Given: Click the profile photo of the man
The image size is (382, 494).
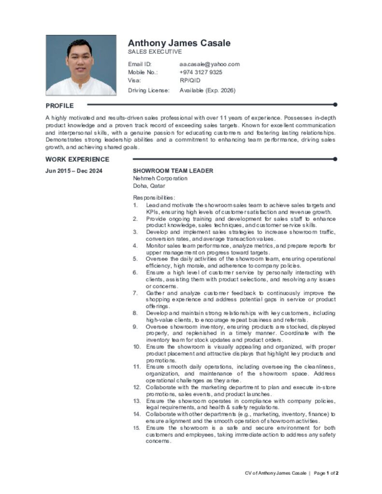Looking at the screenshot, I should pos(81,65).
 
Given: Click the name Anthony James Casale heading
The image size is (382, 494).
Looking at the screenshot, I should pos(179,43).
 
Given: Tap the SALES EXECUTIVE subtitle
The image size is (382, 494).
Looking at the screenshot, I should pos(155,52).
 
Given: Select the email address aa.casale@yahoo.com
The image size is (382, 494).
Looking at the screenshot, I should pos(209,64).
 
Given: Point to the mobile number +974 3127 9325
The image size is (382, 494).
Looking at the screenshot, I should pos(201,72).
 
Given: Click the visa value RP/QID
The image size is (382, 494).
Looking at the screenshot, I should pos(190,81).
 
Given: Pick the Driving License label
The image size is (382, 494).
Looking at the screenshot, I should pos(149,90).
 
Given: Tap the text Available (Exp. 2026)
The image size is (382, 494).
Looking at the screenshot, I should pos(207,90).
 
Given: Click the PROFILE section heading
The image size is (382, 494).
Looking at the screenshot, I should pos(60,106).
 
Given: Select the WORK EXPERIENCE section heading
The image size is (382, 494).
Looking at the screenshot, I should pos(77,159).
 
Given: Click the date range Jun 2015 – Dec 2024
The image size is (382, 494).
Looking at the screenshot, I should pos(74,171).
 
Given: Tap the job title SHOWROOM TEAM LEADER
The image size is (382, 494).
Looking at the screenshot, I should pos(173,171).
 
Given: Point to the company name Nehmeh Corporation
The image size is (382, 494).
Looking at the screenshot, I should pos(160,178).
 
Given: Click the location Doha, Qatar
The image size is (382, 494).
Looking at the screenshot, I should pos(149,185).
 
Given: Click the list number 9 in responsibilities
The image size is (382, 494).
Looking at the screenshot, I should pos(135,327).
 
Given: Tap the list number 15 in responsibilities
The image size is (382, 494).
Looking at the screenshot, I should pos(137,428).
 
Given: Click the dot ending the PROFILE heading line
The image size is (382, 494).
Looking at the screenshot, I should pos(335,104).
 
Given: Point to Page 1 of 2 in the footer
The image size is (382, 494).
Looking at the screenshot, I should pos(326,473).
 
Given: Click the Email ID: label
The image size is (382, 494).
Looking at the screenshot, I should pos(140,64).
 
